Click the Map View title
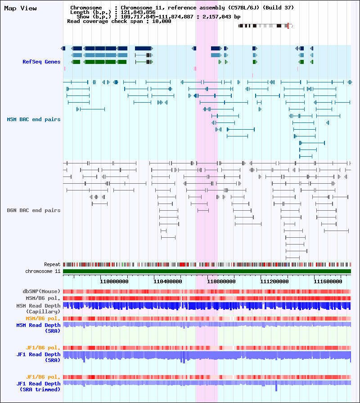(x=20, y=8)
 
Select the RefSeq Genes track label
(x=41, y=62)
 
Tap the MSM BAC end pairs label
(x=34, y=119)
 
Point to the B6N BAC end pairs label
(x=34, y=210)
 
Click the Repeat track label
(x=52, y=264)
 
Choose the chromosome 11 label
(x=43, y=271)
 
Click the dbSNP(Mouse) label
(x=41, y=291)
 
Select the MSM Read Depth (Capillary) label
(x=38, y=308)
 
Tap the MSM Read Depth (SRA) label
(x=38, y=328)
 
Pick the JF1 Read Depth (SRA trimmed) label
(x=38, y=386)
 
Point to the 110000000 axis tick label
(x=114, y=281)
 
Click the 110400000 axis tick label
(x=168, y=281)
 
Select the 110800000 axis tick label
(x=221, y=281)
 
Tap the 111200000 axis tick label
(x=274, y=281)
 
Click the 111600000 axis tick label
(x=328, y=281)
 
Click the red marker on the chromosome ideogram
(x=288, y=26)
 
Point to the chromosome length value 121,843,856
(x=138, y=12)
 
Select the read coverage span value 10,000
(x=162, y=21)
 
